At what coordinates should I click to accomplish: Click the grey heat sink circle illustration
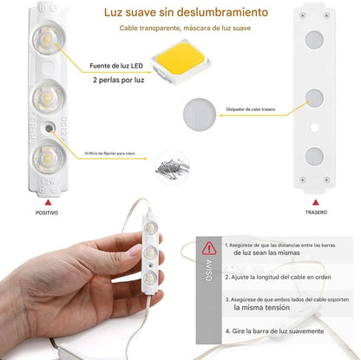click(x=204, y=112)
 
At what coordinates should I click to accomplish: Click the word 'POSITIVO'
click(x=48, y=212)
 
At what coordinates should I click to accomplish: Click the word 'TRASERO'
click(x=317, y=212)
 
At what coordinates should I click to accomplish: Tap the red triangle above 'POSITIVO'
click(x=47, y=200)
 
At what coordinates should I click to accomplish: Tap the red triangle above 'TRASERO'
click(x=317, y=200)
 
